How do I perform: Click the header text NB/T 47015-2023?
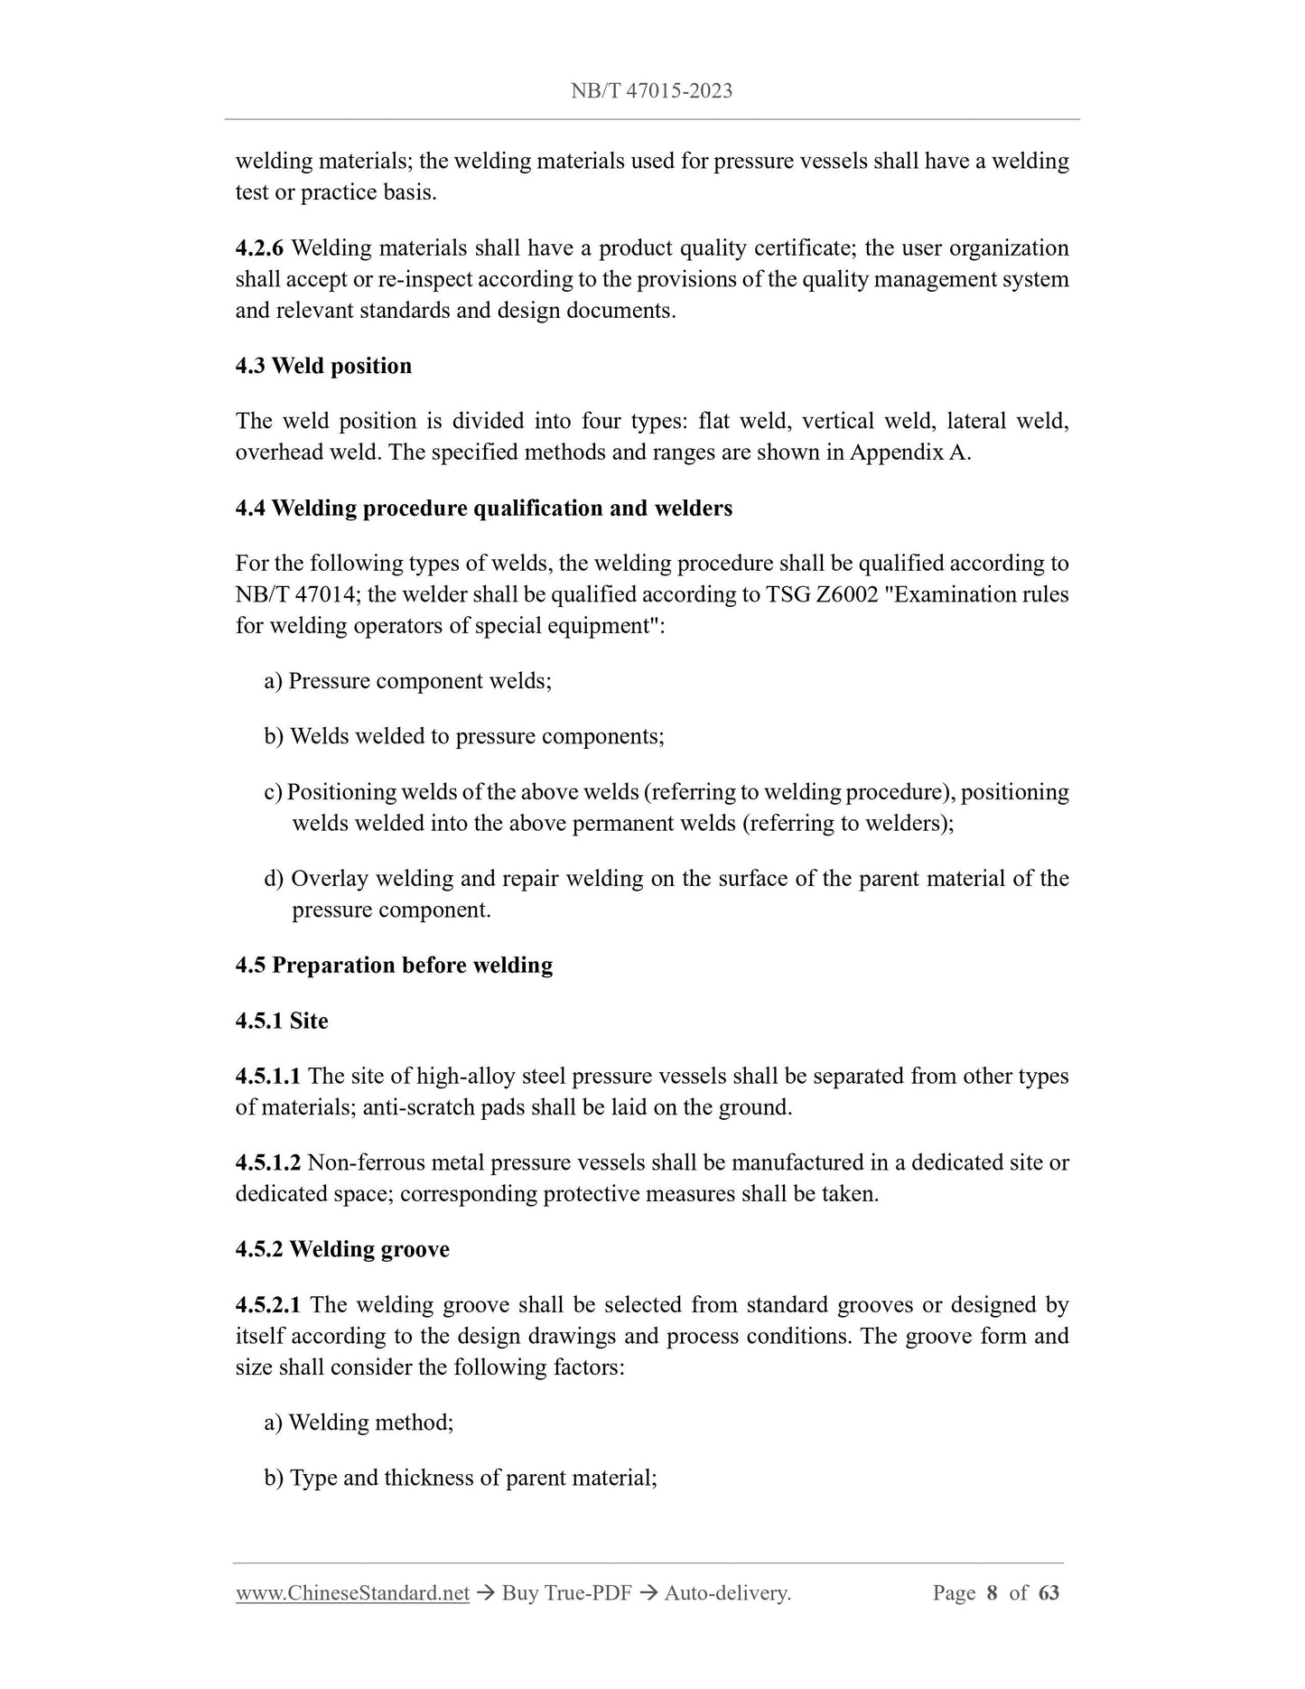point(651,90)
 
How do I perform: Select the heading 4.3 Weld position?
point(323,366)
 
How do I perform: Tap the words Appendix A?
point(909,453)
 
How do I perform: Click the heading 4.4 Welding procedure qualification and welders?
point(483,509)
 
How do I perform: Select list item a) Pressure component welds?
point(407,681)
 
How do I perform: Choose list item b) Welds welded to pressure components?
point(464,736)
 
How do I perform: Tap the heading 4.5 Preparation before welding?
point(394,966)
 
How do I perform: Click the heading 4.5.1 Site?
point(282,1022)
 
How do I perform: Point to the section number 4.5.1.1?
point(268,1077)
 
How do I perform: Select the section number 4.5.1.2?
point(268,1163)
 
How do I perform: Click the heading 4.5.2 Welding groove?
point(342,1250)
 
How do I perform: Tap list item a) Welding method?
point(359,1423)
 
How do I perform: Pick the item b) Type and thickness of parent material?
point(461,1479)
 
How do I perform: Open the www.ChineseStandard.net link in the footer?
point(352,1593)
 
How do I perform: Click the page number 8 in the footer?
point(992,1593)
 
